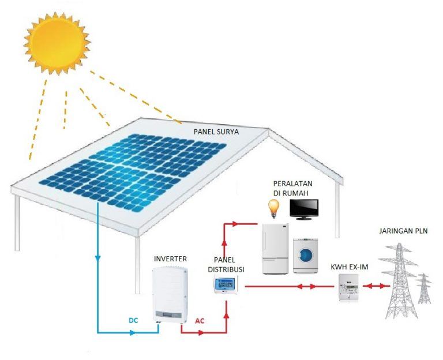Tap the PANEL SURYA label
click(x=215, y=132)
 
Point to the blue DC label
click(x=132, y=320)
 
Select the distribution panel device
click(x=227, y=284)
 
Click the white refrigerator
click(x=276, y=248)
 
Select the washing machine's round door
click(x=306, y=256)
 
